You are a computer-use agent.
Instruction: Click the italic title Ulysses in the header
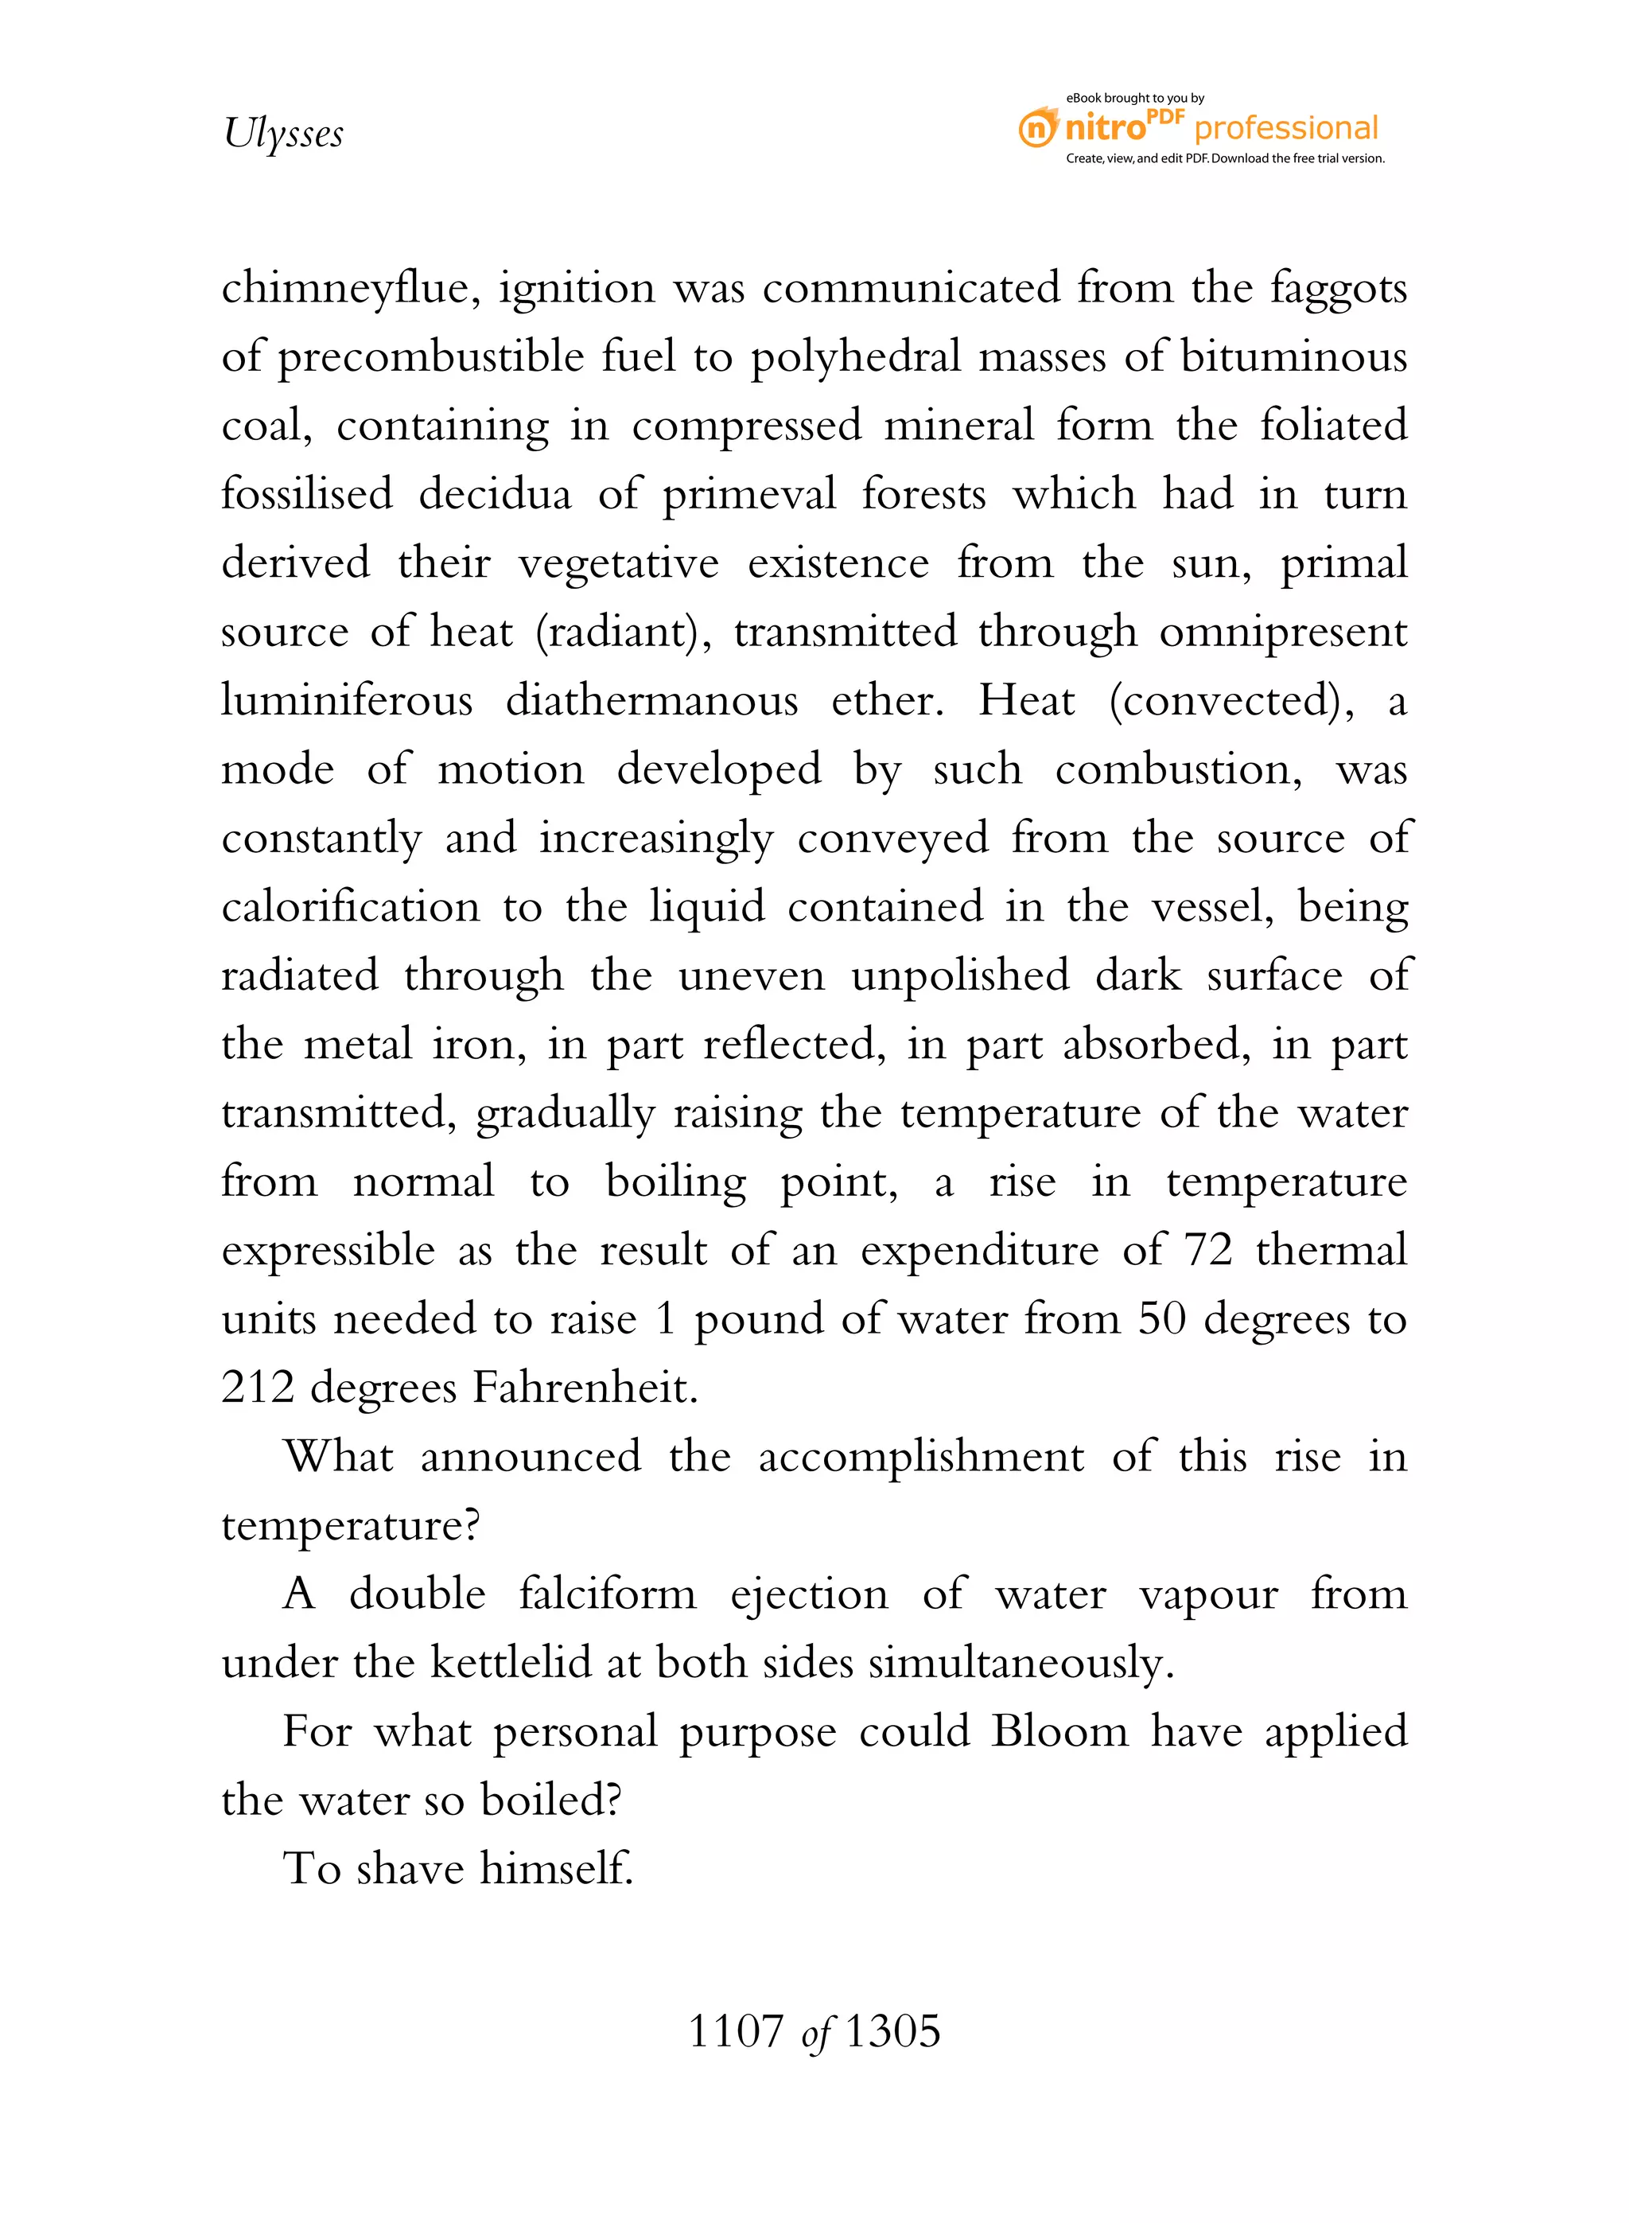point(283,133)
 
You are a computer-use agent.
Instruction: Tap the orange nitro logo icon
point(1037,128)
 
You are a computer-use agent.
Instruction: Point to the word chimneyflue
point(350,289)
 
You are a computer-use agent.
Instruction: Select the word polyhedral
point(855,358)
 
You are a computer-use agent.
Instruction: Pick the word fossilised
point(307,493)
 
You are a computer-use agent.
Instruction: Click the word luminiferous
point(347,700)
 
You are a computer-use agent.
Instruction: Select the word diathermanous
point(651,700)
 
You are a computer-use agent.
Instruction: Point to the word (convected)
point(1231,701)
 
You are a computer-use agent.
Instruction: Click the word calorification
point(350,906)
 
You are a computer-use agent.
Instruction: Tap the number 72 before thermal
point(1208,1251)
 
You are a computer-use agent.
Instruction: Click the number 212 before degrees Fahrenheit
point(258,1388)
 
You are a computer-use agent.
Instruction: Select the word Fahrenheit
point(585,1388)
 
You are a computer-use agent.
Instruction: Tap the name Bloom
point(1059,1732)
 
